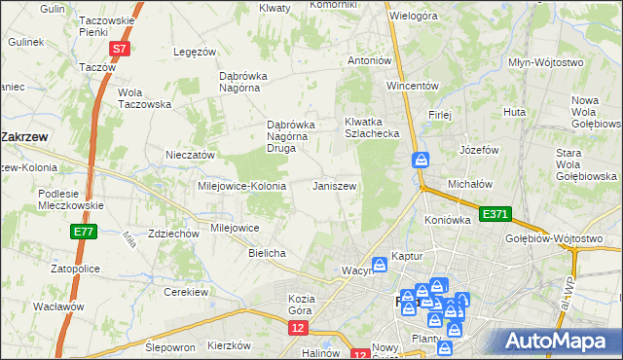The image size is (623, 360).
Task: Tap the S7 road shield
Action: pyautogui.click(x=119, y=48)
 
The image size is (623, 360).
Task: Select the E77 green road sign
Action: pyautogui.click(x=82, y=231)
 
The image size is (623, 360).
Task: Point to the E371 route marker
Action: pyautogui.click(x=494, y=213)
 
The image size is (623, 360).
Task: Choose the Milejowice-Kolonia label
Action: pyautogui.click(x=241, y=186)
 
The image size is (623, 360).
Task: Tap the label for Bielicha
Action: pyautogui.click(x=267, y=253)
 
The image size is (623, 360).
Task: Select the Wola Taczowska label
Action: pyautogui.click(x=144, y=98)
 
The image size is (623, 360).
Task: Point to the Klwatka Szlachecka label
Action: pyautogui.click(x=372, y=127)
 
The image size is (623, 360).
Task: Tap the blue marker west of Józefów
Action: pyautogui.click(x=421, y=159)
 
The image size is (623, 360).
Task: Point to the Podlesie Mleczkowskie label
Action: pyautogui.click(x=71, y=199)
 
